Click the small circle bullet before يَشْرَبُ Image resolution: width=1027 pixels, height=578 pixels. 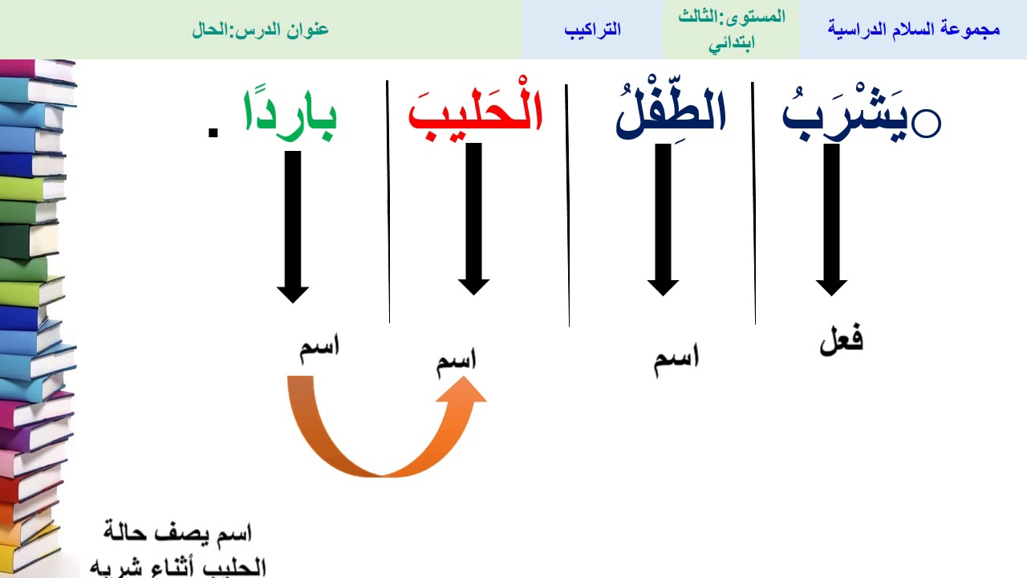928,124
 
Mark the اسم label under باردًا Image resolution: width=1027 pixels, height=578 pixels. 319,349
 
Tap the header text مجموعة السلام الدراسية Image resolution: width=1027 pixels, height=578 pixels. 913,30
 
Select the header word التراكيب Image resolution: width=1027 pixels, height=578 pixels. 592,30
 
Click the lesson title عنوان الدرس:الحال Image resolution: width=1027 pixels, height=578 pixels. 261,30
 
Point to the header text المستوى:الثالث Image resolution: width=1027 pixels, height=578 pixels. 732,17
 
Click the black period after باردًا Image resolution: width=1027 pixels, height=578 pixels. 213,132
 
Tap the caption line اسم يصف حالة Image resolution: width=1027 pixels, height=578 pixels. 178,531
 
